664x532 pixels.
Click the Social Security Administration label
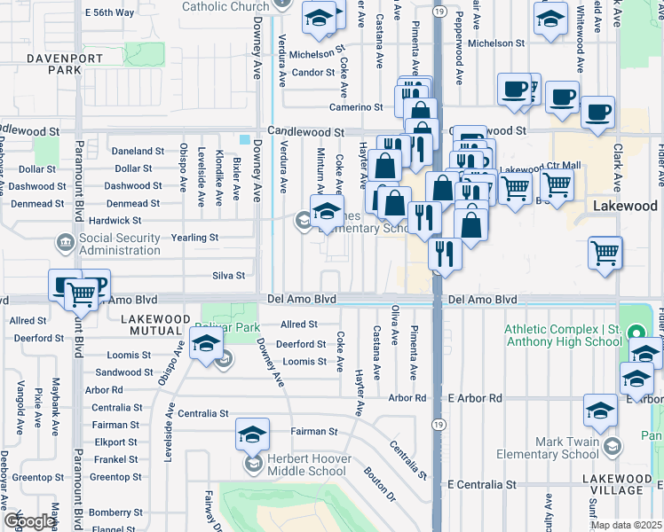coord(120,244)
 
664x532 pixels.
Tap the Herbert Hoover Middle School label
coord(308,465)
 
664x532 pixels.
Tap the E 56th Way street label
coord(109,12)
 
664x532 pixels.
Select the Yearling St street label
coord(194,238)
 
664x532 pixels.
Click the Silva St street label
coord(228,276)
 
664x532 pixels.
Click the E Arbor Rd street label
coord(475,398)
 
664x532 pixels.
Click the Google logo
coord(29,521)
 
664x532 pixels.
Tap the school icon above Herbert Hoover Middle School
coord(253,434)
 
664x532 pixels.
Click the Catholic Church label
coord(225,6)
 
